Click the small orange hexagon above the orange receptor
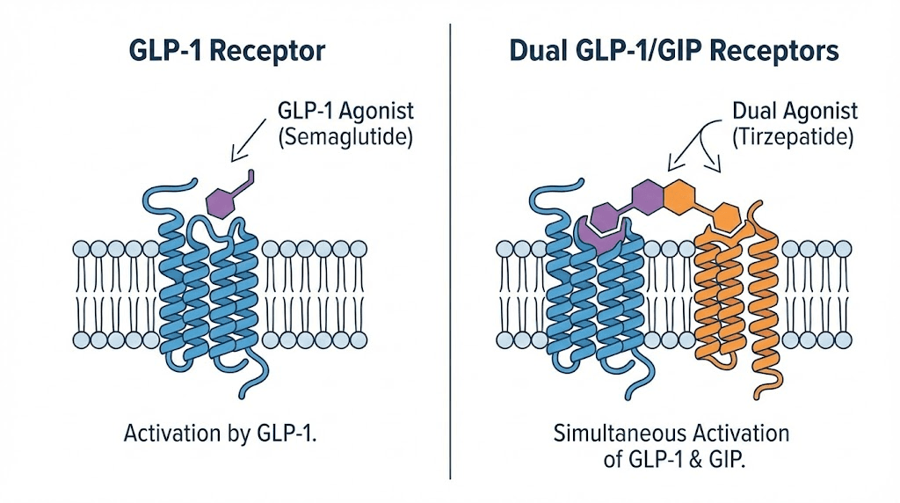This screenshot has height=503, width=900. pos(726,214)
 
